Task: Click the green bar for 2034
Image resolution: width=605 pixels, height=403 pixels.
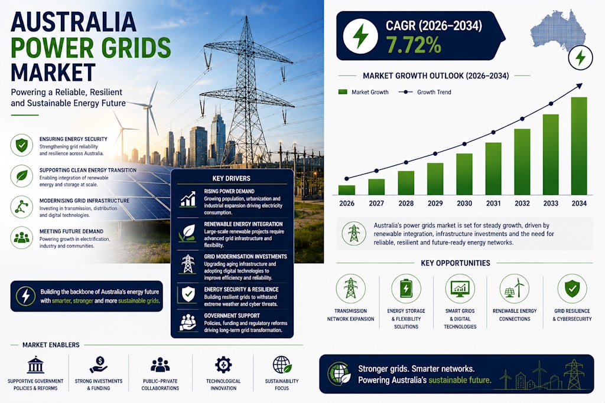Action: click(x=579, y=146)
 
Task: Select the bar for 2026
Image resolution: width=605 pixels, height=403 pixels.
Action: click(x=346, y=190)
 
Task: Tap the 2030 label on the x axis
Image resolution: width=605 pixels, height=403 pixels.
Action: click(x=464, y=204)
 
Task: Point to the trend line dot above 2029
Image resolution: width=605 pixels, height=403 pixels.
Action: click(x=435, y=154)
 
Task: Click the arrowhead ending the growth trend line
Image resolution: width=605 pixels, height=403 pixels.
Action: click(x=579, y=86)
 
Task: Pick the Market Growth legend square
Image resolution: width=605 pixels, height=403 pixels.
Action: click(x=343, y=92)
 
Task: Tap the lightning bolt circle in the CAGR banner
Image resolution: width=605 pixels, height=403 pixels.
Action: click(x=360, y=36)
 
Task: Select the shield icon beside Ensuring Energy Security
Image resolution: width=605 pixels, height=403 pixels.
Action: click(x=22, y=145)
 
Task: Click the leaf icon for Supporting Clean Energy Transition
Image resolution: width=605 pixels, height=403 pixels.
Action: click(x=22, y=176)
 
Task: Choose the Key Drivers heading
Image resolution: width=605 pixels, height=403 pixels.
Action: click(x=231, y=178)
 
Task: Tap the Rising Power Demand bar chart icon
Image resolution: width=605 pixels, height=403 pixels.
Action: click(x=188, y=199)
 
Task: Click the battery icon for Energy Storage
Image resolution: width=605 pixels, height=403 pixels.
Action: click(x=406, y=289)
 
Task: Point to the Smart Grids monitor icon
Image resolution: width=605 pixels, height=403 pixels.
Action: click(x=460, y=289)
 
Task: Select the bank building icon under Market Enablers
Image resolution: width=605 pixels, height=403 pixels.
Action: click(x=35, y=365)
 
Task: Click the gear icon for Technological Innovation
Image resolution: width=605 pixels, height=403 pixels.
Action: click(x=223, y=365)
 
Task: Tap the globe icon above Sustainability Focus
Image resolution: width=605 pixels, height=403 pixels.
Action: click(x=282, y=365)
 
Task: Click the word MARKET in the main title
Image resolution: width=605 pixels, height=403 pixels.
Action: click(x=53, y=72)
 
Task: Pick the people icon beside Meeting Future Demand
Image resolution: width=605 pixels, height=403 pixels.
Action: click(x=22, y=237)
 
